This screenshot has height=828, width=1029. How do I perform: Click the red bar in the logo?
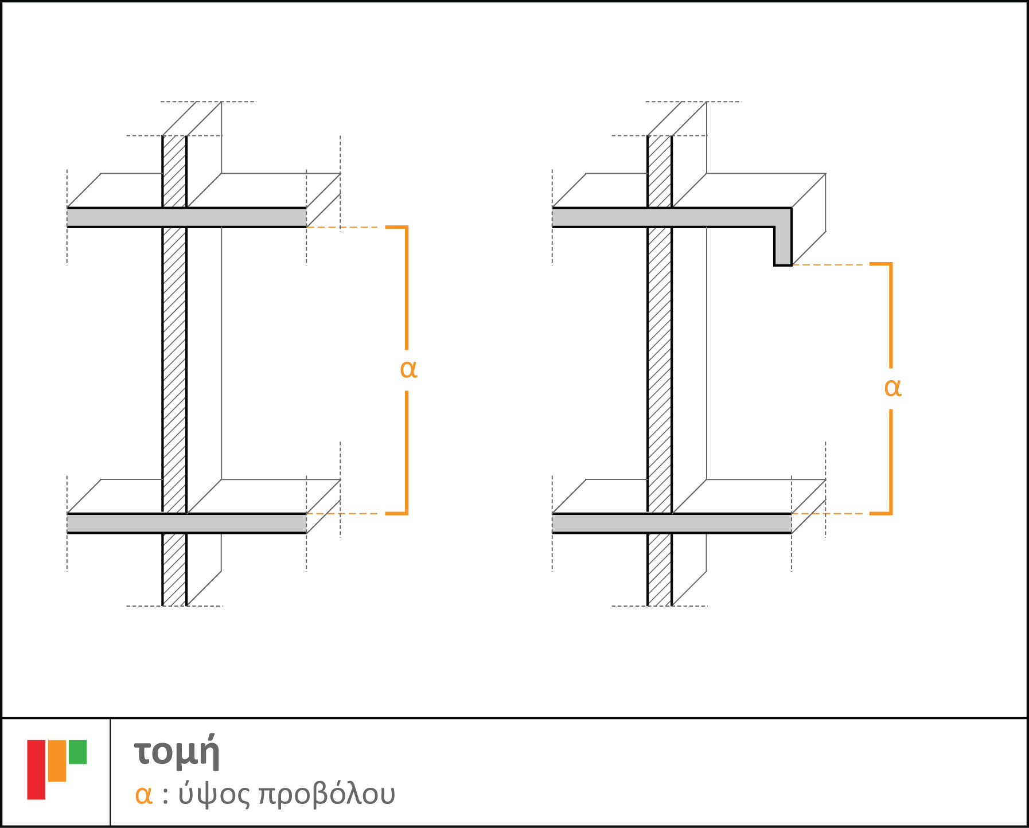[36, 770]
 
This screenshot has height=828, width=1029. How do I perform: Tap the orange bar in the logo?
[57, 761]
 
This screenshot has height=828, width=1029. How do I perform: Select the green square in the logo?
[77, 752]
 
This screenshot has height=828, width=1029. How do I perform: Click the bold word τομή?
[177, 752]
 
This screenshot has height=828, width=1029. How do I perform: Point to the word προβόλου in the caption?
[327, 795]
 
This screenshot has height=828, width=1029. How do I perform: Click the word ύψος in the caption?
[214, 795]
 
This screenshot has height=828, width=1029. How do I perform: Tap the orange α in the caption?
[143, 795]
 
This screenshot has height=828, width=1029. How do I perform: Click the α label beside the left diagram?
[408, 370]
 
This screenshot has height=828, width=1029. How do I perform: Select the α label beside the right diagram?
[893, 388]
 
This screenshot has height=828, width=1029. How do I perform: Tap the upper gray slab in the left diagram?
[186, 218]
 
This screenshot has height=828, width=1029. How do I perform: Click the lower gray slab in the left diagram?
[186, 524]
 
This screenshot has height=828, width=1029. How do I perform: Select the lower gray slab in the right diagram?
[672, 524]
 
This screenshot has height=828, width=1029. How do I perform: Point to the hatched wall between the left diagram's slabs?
[174, 370]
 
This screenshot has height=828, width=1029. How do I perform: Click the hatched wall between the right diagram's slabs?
[660, 370]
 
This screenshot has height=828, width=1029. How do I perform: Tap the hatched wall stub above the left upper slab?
[174, 171]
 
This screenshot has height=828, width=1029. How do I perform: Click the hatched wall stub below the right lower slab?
[660, 569]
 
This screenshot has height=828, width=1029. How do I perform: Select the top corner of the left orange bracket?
[407, 227]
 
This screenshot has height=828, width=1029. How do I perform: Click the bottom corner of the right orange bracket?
[891, 513]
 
